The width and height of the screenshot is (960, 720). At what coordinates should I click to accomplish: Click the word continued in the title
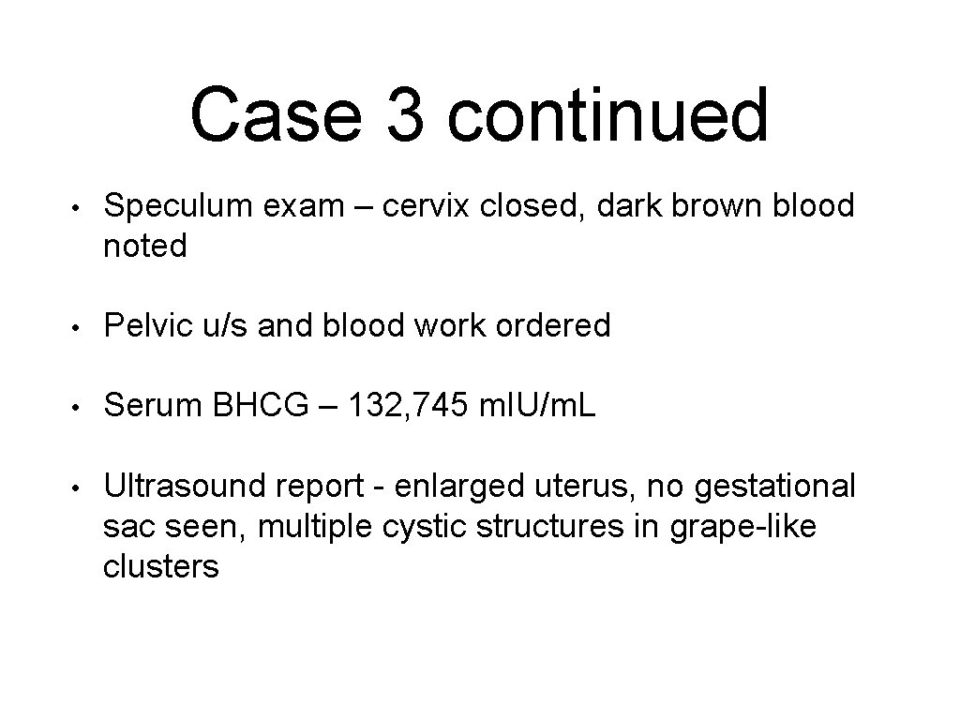pyautogui.click(x=607, y=115)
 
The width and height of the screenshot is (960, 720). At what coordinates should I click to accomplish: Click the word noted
pyautogui.click(x=145, y=247)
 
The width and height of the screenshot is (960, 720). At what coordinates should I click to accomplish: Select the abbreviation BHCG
pyautogui.click(x=264, y=407)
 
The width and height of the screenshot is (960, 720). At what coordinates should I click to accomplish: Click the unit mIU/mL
pyautogui.click(x=537, y=407)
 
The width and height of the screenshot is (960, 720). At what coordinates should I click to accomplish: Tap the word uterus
pyautogui.click(x=579, y=487)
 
